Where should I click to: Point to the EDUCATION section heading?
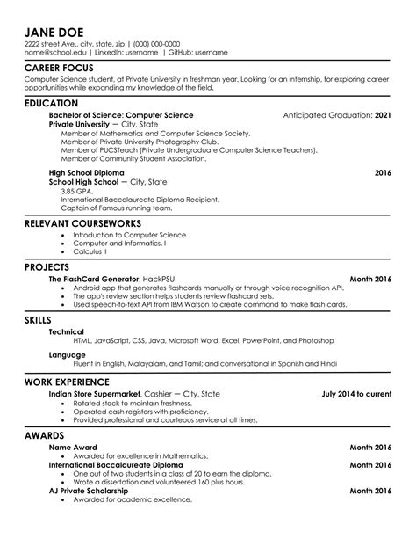tap(56, 103)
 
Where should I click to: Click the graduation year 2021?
tap(383, 115)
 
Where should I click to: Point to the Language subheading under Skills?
tap(68, 354)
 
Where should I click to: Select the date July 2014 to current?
tap(357, 395)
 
